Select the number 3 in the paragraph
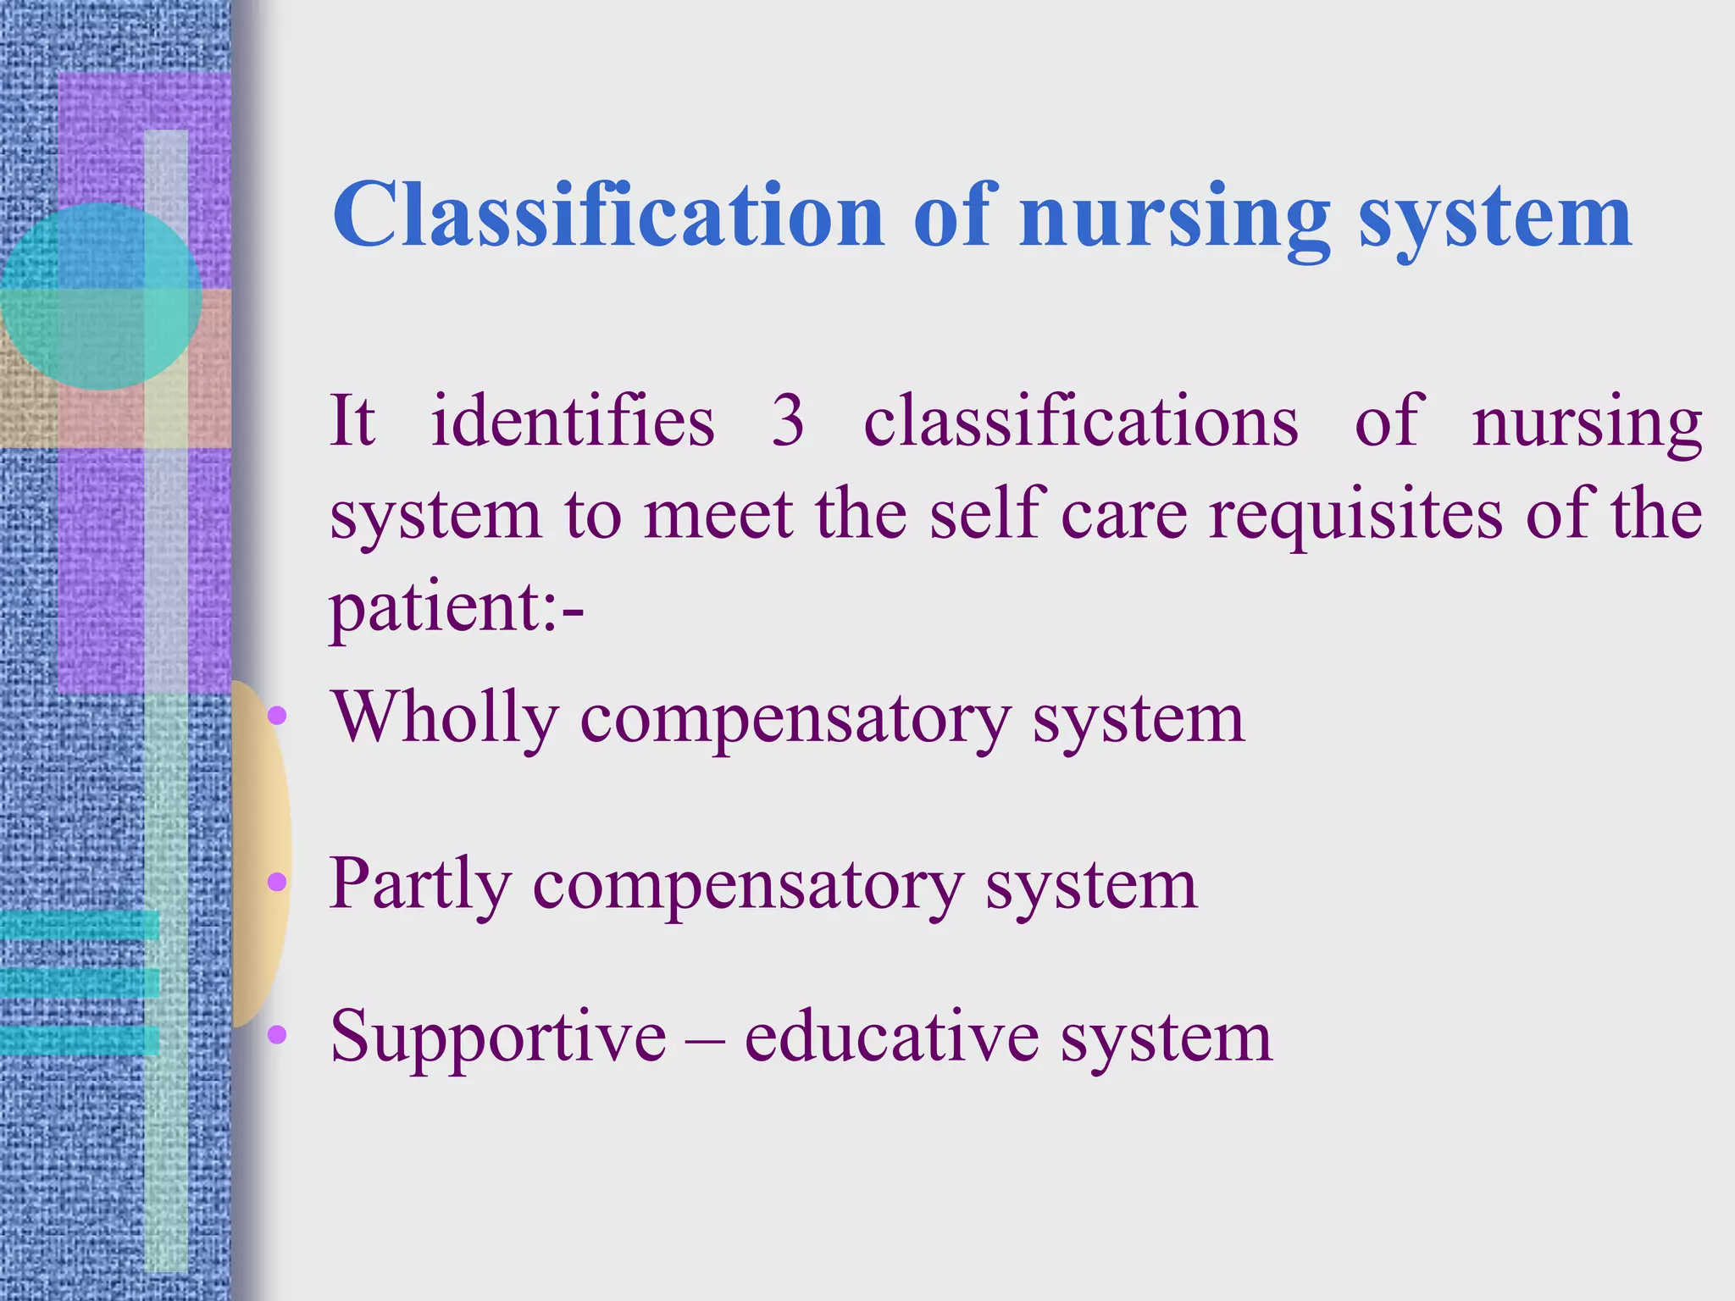coord(787,421)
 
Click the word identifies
coord(573,421)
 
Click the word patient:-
coord(456,608)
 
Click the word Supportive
coord(498,1037)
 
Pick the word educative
coord(891,1037)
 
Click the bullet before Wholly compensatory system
coord(277,717)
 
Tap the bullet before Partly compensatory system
coord(277,883)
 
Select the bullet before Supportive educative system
coord(277,1034)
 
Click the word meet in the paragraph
coord(718,515)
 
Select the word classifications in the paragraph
coord(1080,421)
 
